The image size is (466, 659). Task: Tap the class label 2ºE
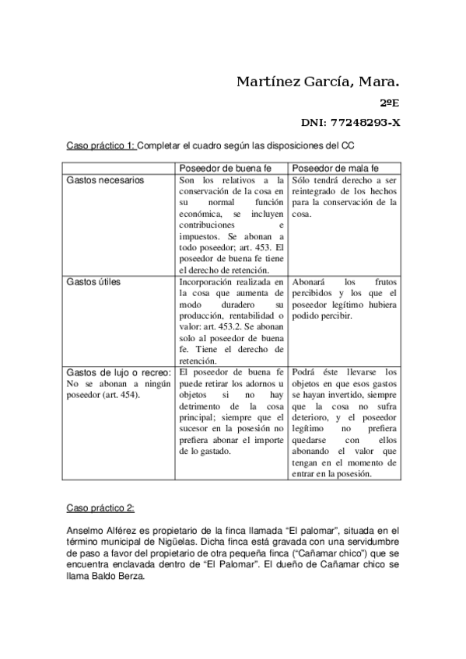(x=389, y=103)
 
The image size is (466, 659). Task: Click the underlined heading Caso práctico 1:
(x=100, y=145)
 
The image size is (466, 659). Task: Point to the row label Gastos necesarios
(x=106, y=180)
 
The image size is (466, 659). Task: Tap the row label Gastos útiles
(x=94, y=282)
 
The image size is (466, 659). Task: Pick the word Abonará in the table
(x=310, y=282)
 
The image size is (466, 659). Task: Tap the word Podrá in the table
(x=304, y=372)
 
